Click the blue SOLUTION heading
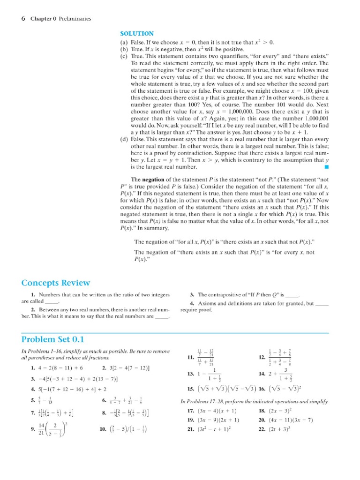(137, 34)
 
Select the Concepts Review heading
(56, 283)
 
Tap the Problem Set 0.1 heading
(52, 339)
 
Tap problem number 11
(189, 358)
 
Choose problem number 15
(190, 389)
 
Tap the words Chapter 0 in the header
(43, 19)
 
